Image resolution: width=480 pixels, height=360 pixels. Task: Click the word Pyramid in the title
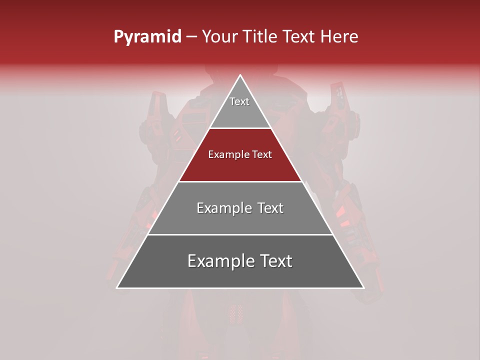point(147,37)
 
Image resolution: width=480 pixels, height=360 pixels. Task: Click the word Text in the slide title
point(299,36)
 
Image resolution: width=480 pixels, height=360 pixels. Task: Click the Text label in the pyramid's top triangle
point(239,101)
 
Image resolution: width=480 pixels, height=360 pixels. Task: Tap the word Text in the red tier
point(261,154)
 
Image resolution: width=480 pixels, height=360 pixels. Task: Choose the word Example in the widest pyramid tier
point(217,261)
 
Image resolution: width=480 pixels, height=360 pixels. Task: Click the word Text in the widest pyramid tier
point(273,261)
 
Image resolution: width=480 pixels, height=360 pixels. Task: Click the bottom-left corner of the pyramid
point(117,287)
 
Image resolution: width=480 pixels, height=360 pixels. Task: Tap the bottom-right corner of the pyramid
point(363,287)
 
